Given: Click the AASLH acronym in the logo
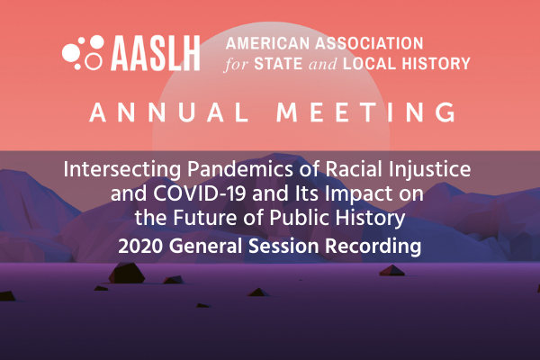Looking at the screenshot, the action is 156,53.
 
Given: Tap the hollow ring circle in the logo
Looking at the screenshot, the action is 94,61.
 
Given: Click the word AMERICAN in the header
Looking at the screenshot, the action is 267,43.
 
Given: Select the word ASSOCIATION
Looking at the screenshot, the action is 369,43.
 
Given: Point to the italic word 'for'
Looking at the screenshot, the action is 236,64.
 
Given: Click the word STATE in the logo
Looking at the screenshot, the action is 278,64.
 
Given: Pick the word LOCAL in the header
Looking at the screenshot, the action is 370,64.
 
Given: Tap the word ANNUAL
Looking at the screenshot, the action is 169,112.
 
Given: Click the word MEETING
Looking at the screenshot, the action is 366,112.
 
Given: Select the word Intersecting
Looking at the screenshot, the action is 122,170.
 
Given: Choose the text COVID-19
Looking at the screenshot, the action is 200,193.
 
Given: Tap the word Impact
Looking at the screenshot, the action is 359,194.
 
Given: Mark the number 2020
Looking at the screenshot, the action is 140,247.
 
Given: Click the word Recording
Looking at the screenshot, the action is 373,247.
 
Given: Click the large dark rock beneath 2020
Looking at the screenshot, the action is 127,273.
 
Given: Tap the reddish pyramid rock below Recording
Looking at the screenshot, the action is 391,270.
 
